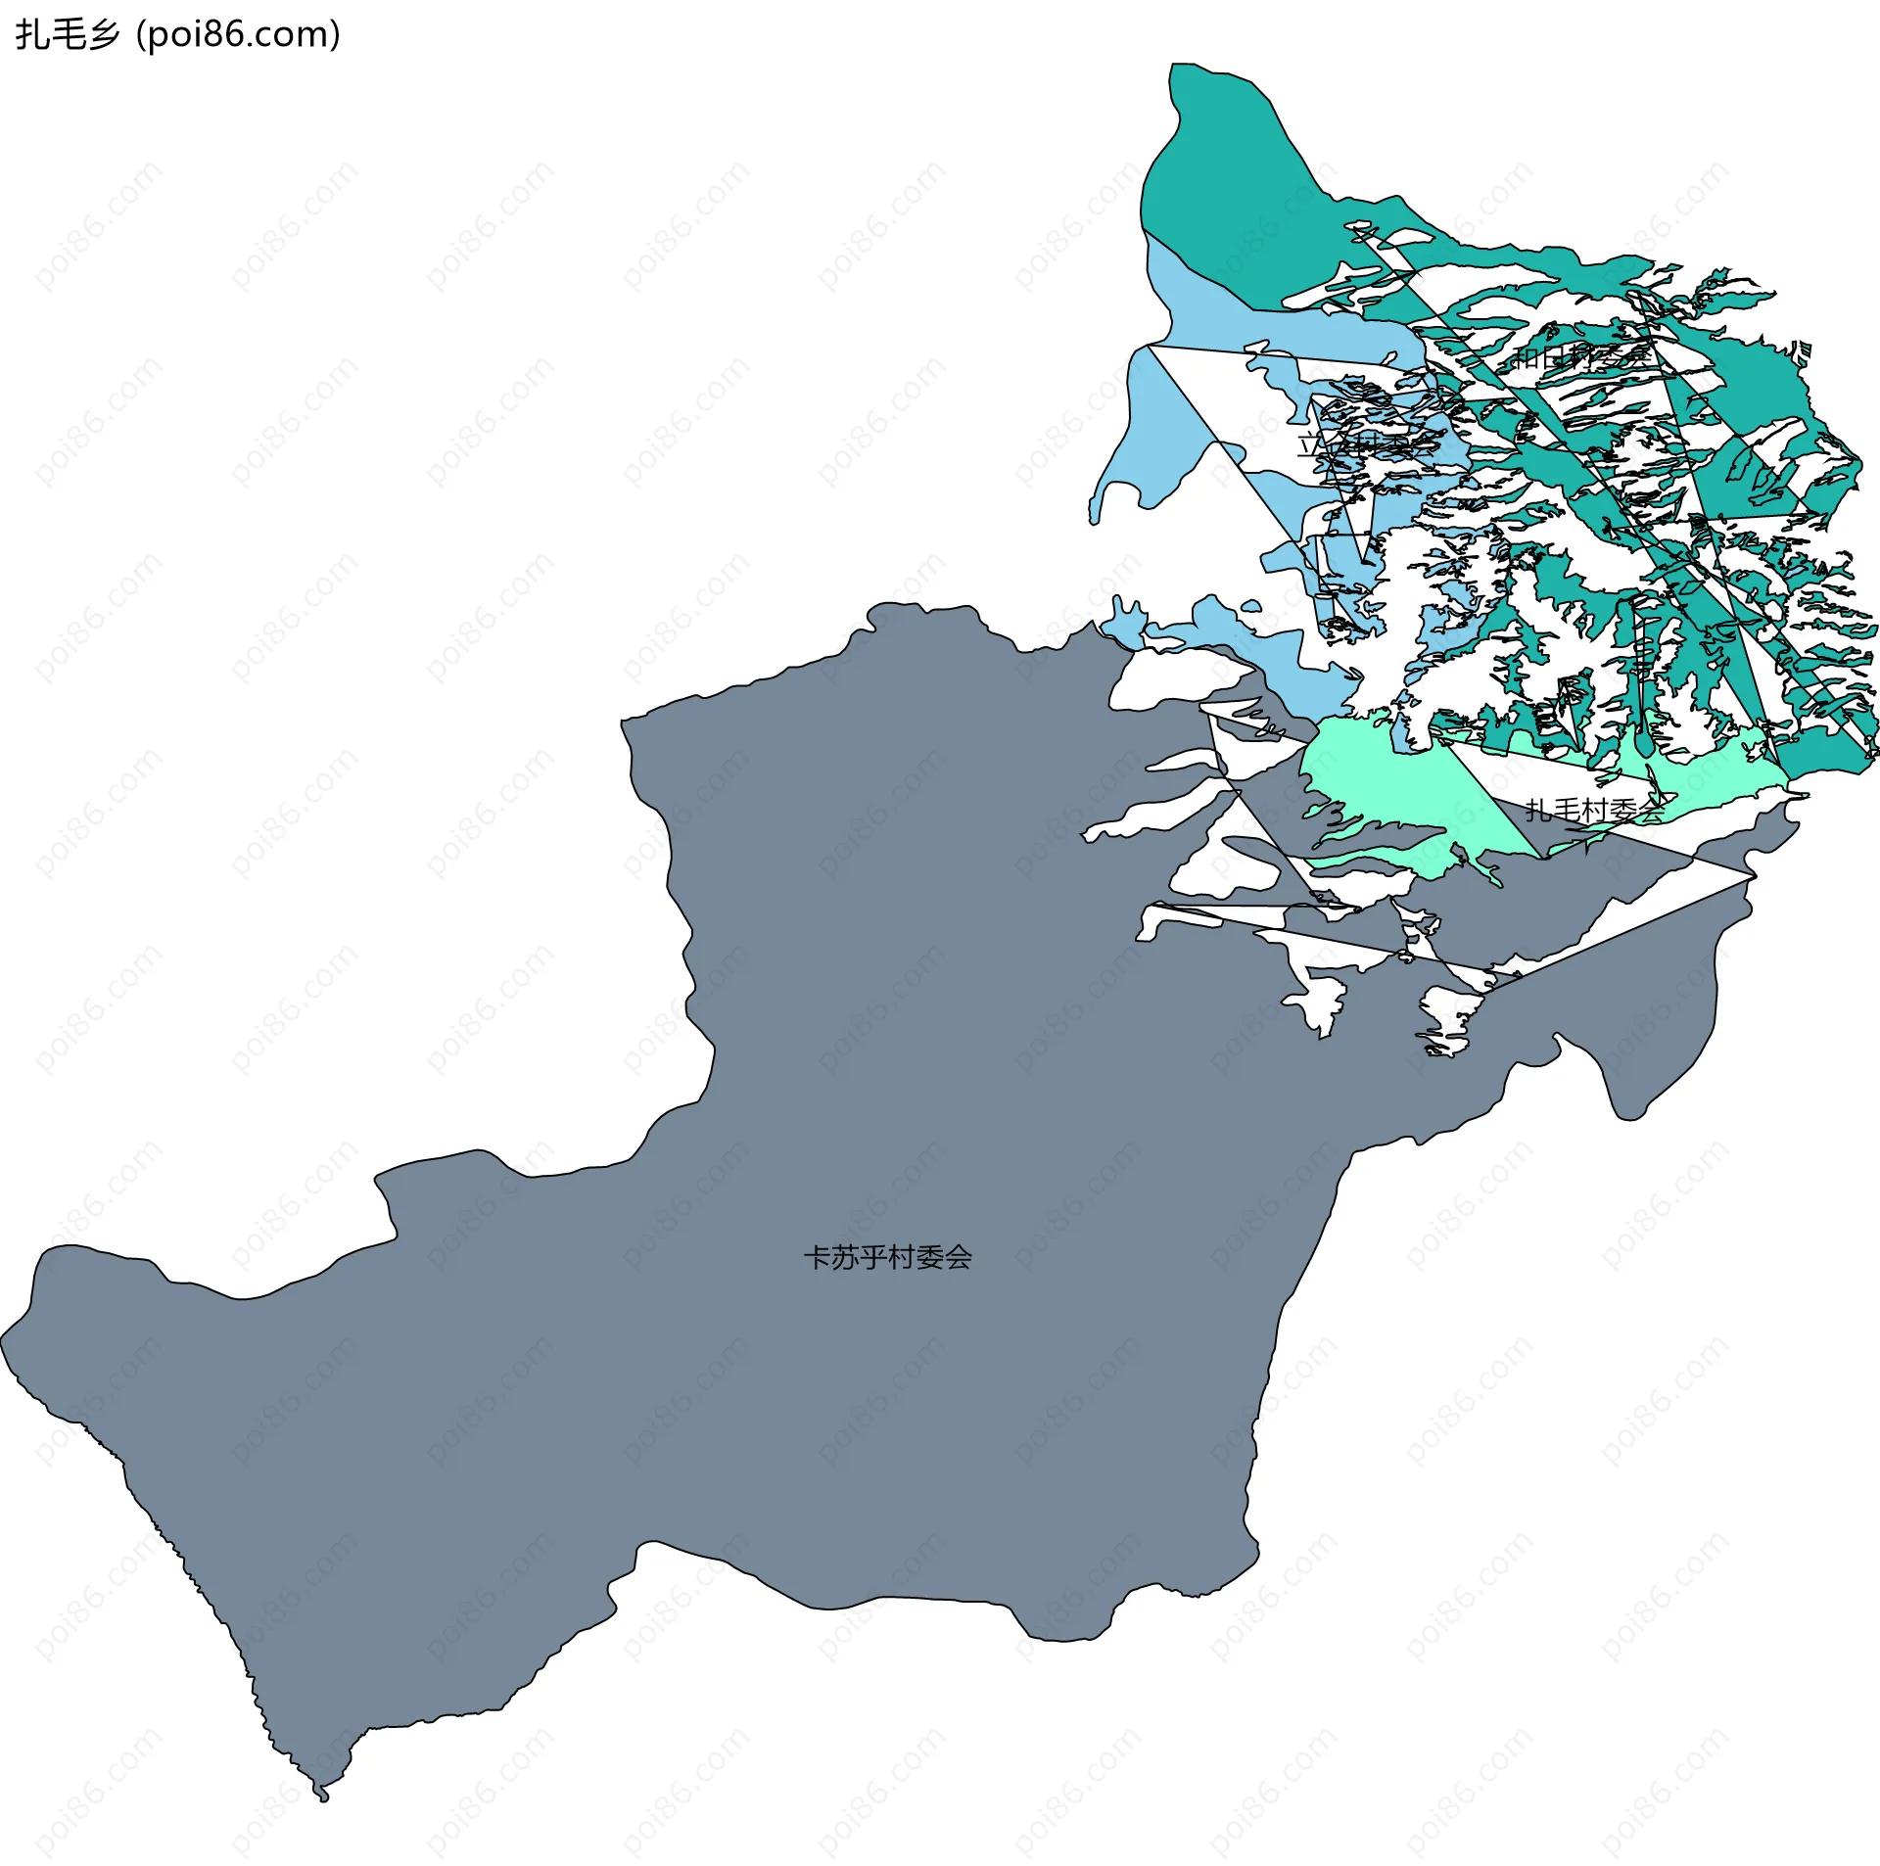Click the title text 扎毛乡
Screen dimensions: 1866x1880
pos(68,35)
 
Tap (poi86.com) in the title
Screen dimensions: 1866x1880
pos(238,35)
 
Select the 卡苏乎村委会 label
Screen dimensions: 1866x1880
pos(887,1257)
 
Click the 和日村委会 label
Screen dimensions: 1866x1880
pos(1582,356)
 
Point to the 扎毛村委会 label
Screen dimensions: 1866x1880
pos(1594,810)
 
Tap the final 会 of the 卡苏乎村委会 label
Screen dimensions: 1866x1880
pos(959,1257)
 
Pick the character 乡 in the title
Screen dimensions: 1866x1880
pos(103,35)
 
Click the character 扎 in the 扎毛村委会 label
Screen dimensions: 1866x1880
pos(1538,810)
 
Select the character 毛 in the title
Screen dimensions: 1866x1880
pos(68,35)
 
